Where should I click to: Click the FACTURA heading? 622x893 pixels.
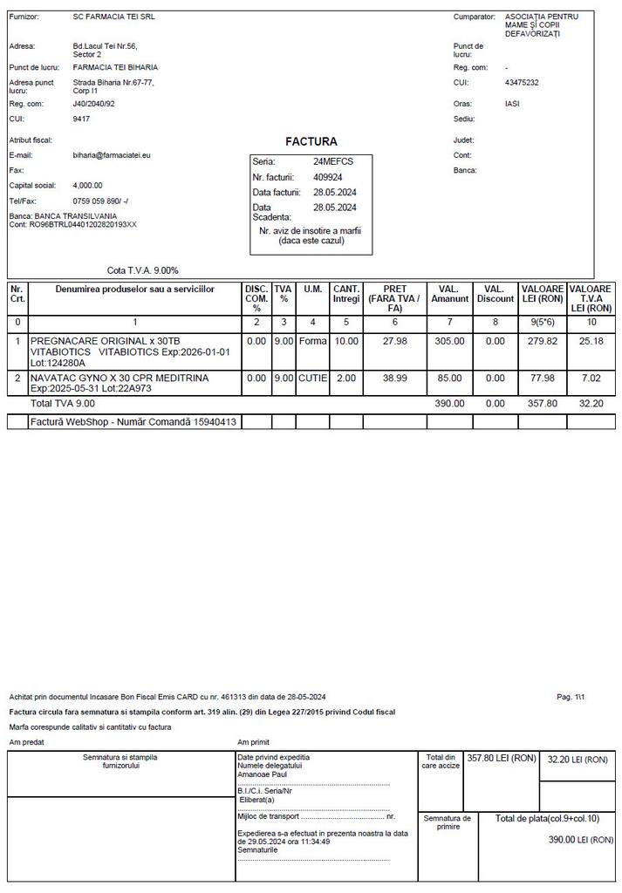click(x=311, y=141)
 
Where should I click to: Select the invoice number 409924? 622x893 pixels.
click(x=328, y=177)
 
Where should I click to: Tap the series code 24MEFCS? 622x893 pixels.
click(x=332, y=161)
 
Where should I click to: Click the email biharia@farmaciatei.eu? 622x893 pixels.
click(x=112, y=155)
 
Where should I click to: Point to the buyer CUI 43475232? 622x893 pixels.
click(x=522, y=83)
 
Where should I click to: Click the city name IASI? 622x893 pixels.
click(x=513, y=104)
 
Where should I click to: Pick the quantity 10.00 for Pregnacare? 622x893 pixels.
click(x=346, y=341)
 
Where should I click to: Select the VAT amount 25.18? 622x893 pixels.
click(x=591, y=341)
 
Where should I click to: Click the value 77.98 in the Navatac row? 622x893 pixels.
click(x=543, y=378)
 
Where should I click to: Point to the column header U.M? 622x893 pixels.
click(x=313, y=289)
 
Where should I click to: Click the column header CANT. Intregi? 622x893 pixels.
click(x=346, y=294)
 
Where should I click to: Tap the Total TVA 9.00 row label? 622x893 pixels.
click(x=63, y=404)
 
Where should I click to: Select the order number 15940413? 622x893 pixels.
click(x=213, y=422)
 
